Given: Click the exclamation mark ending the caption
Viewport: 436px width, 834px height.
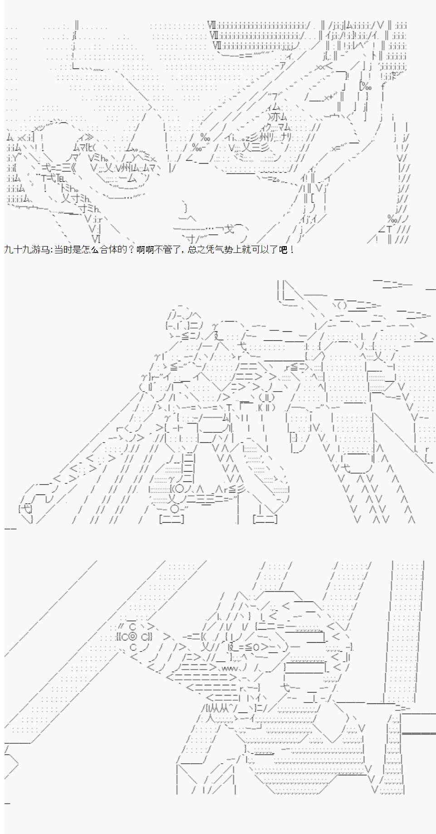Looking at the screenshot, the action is tap(291, 249).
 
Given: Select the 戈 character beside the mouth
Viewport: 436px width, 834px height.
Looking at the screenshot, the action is tap(229, 229).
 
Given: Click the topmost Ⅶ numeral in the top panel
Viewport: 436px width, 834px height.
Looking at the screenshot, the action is tap(212, 25).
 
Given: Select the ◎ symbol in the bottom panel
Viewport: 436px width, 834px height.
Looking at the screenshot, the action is tap(132, 637).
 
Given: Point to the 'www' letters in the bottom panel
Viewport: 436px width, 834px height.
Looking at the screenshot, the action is tap(230, 669).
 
